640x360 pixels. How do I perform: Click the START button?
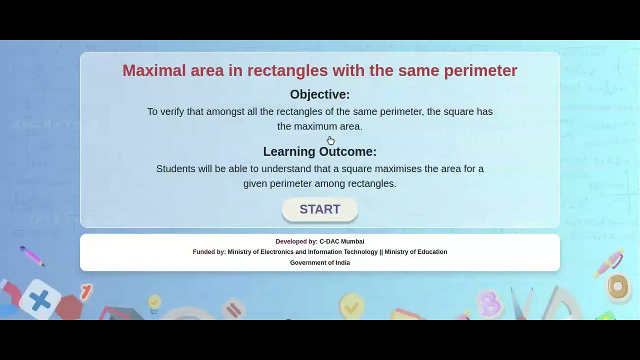[x=320, y=209]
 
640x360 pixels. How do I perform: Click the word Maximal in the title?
[x=154, y=70]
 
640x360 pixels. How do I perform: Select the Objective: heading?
[x=320, y=94]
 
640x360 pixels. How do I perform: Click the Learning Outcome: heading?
[x=320, y=151]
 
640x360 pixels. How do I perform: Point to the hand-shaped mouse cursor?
[x=330, y=140]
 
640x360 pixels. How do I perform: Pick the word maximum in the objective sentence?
[x=315, y=126]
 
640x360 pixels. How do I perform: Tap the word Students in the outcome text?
[x=175, y=169]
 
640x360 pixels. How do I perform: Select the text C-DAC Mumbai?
[x=342, y=241]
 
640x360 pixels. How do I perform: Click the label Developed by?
[x=296, y=241]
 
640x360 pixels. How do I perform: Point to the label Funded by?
[x=209, y=252]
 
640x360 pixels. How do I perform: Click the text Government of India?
[x=320, y=263]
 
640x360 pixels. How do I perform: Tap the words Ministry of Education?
[x=416, y=252]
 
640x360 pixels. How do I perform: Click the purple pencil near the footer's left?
[x=32, y=256]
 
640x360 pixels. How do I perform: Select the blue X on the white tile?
[x=40, y=300]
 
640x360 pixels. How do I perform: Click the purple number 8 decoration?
[x=489, y=302]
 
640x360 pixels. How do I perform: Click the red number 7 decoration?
[x=86, y=291]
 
